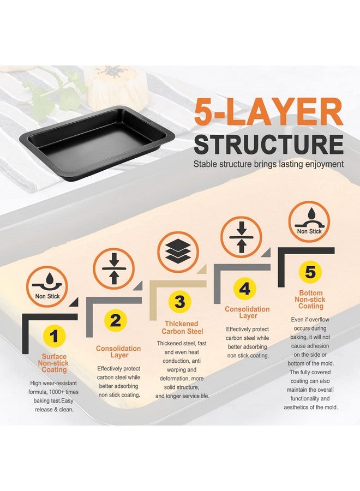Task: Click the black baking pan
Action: (97, 143)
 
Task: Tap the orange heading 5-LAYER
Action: (268, 112)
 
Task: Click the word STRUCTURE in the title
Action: (268, 145)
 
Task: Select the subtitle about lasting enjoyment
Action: (268, 164)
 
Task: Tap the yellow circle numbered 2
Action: (116, 321)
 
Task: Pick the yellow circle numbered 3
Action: (179, 302)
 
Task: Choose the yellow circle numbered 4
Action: (245, 289)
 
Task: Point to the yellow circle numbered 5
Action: (310, 272)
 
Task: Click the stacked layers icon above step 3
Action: (178, 252)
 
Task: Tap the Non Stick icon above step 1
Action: (47, 286)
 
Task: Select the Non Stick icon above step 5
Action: (309, 221)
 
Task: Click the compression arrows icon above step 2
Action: (114, 268)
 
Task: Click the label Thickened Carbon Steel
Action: (182, 327)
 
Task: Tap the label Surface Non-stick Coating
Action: (54, 363)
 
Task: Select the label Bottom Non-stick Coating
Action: (310, 300)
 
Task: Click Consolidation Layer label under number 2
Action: (119, 352)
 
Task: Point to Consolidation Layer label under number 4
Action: (247, 313)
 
